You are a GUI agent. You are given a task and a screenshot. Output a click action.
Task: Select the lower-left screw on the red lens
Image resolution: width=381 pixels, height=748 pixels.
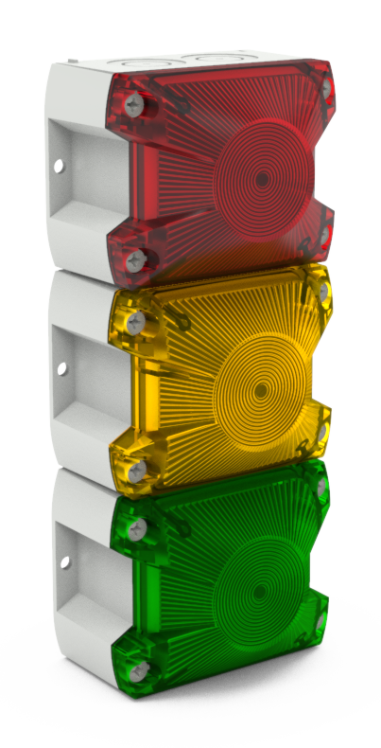[135, 258]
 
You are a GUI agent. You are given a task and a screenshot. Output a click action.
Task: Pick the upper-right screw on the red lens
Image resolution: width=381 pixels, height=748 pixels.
[326, 88]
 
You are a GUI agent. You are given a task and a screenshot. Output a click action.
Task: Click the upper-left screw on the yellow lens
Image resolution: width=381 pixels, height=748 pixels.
[135, 323]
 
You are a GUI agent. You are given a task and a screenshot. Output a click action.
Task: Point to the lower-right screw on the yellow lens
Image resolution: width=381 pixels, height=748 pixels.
[321, 432]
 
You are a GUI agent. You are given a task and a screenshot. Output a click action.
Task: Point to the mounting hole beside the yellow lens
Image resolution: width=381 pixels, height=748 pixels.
[62, 368]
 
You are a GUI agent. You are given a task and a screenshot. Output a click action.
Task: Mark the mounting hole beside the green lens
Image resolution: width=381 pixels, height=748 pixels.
[65, 562]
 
